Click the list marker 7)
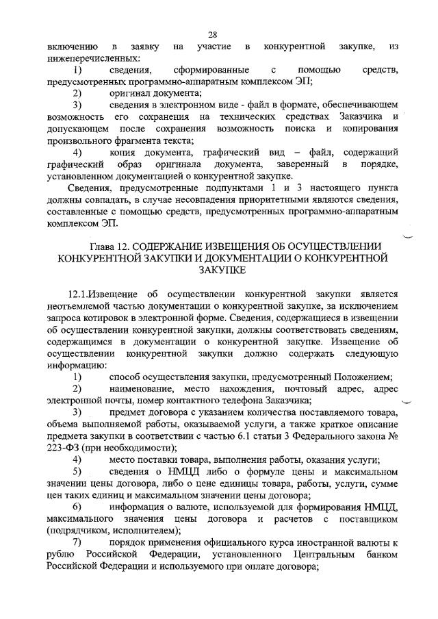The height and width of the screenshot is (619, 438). (x=77, y=543)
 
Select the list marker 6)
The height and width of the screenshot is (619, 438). (x=77, y=506)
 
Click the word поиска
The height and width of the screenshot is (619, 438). (x=298, y=128)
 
